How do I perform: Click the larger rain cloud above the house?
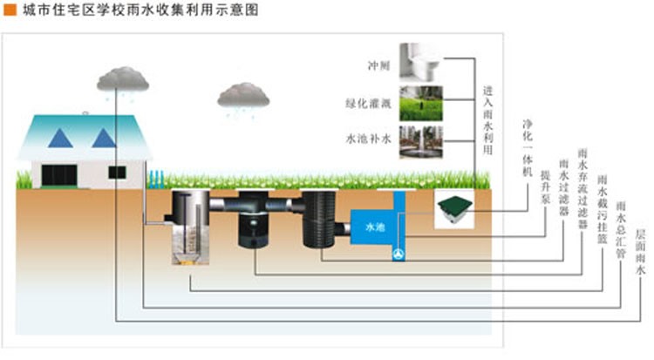point(126,78)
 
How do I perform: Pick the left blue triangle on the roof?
point(61,137)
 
